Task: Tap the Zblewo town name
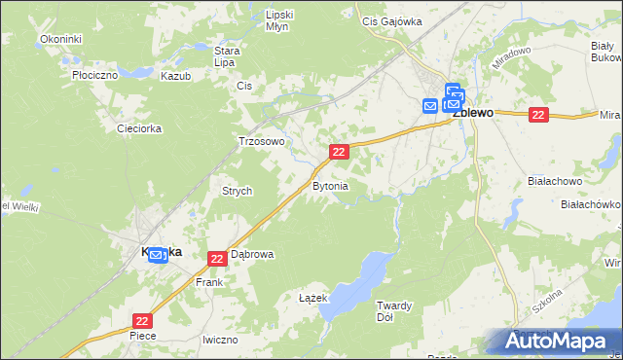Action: (474, 113)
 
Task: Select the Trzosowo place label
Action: (262, 141)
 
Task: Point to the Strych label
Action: (238, 192)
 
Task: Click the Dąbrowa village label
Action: (251, 254)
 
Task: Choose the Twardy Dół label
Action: (395, 311)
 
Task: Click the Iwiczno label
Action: (220, 340)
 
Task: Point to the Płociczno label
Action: (94, 74)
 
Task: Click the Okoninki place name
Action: (60, 38)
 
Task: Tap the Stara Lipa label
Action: (227, 55)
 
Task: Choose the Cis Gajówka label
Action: (390, 20)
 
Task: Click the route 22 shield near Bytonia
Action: (339, 152)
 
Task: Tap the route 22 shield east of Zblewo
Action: (539, 115)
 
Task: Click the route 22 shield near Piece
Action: (143, 321)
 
